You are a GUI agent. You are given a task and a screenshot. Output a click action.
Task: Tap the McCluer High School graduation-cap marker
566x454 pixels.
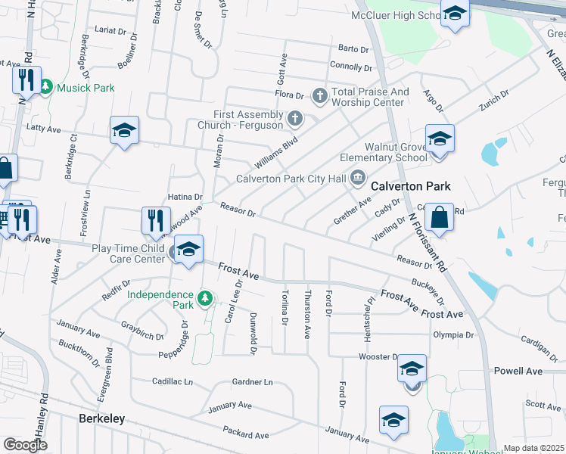point(455,14)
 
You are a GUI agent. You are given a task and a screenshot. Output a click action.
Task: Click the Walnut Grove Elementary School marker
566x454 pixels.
point(440,140)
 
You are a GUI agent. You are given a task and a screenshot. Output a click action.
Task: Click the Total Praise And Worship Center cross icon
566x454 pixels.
point(319,95)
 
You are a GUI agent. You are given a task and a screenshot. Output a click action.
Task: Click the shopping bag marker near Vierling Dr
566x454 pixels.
point(439,219)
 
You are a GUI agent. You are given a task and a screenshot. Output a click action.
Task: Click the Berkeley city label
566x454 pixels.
point(102,418)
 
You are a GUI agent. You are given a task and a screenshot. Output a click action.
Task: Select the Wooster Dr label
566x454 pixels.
point(378,356)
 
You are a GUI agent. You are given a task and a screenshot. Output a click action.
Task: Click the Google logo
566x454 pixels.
point(25,444)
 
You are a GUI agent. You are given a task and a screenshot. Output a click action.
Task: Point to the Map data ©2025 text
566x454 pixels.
point(533,448)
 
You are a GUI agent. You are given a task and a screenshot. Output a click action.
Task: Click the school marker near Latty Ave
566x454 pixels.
point(125,130)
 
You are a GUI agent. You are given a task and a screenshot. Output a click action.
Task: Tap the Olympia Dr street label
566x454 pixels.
point(453,334)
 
